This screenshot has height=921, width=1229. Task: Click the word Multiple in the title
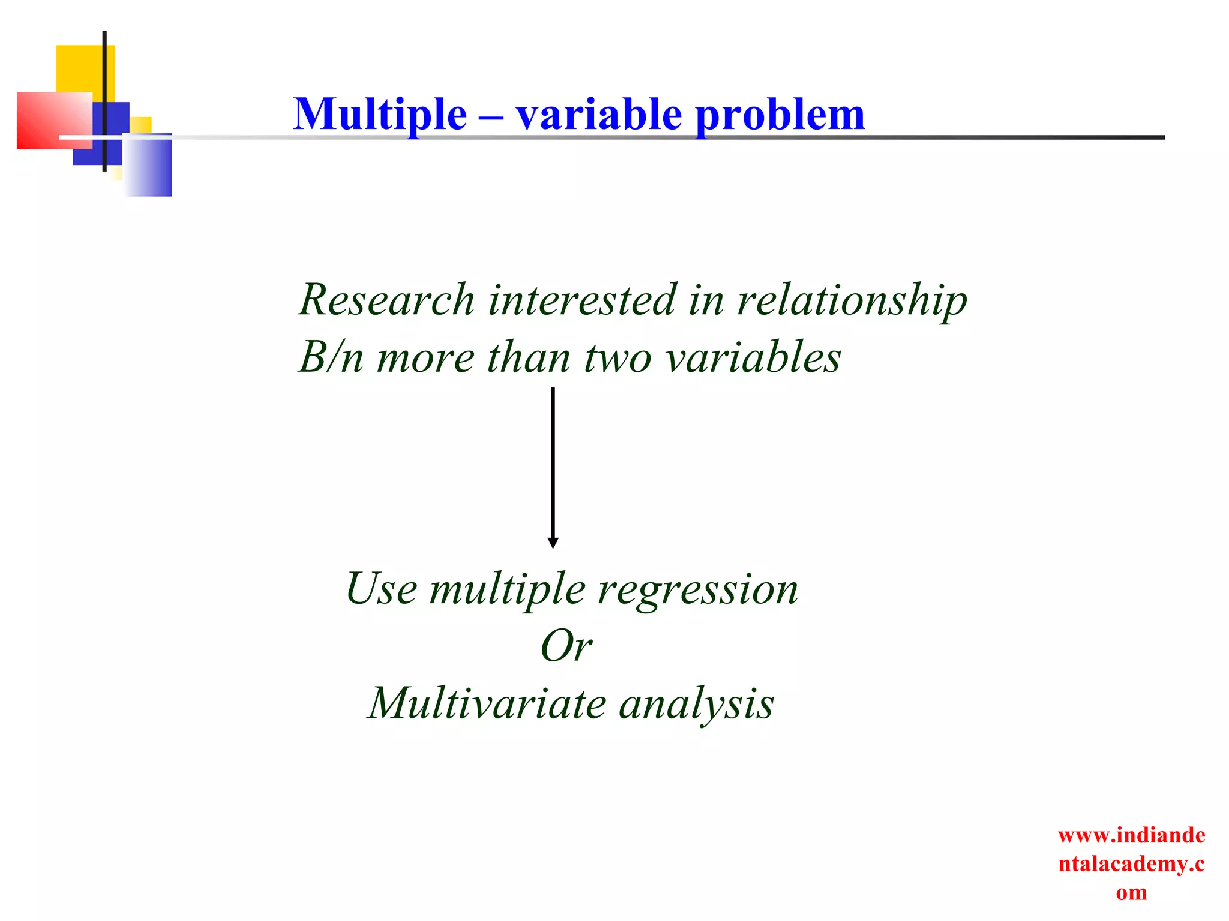pyautogui.click(x=380, y=114)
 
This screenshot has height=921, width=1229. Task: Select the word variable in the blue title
pyautogui.click(x=599, y=114)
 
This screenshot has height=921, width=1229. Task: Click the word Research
pyautogui.click(x=387, y=299)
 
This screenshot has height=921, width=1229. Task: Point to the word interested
pyautogui.click(x=581, y=299)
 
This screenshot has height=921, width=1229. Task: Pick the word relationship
pyautogui.click(x=852, y=300)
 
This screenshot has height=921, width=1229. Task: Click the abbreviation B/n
pyautogui.click(x=331, y=357)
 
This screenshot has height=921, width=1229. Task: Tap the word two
pyautogui.click(x=618, y=357)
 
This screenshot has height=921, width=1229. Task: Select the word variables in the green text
pyautogui.click(x=754, y=357)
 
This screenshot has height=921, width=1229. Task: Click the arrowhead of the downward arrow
pyautogui.click(x=553, y=543)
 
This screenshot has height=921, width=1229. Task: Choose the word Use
pyautogui.click(x=381, y=589)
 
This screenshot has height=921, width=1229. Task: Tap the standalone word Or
pyautogui.click(x=566, y=646)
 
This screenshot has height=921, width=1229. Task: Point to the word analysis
pyautogui.click(x=696, y=704)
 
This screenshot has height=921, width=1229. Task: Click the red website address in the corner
pyautogui.click(x=1131, y=863)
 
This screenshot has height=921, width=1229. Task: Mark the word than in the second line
pyautogui.click(x=528, y=357)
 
